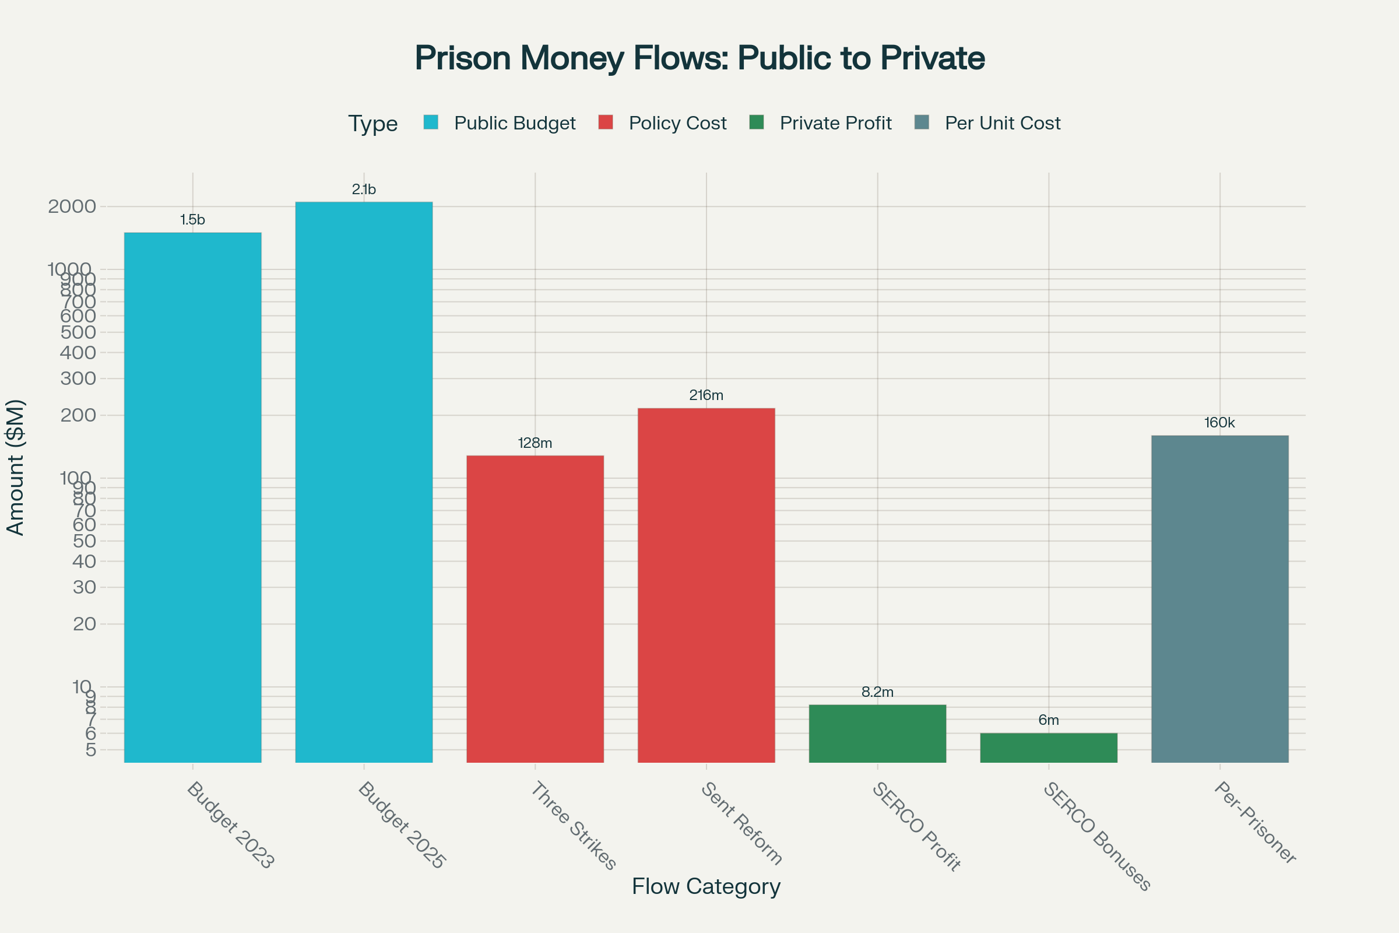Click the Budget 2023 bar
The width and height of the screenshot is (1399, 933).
coord(192,497)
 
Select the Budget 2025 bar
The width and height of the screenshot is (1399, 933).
coord(363,482)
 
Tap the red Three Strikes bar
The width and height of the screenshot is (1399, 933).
coord(535,608)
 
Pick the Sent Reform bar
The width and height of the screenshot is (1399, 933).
coord(706,584)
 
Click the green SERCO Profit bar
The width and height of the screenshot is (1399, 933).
coord(877,733)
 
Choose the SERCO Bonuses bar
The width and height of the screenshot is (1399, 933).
coord(1048,748)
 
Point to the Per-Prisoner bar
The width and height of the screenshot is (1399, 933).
coord(1219,598)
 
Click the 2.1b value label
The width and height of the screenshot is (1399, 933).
coord(363,189)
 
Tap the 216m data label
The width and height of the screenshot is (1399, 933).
coord(706,395)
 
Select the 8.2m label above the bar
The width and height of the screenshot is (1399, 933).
coord(877,692)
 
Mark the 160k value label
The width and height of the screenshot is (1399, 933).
coord(1219,422)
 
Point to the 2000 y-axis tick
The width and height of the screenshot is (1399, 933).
coord(72,206)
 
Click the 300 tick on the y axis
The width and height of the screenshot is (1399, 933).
coord(78,378)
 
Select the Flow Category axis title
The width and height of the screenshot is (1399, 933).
coord(706,886)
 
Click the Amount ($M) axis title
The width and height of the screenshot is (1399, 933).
coord(16,468)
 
